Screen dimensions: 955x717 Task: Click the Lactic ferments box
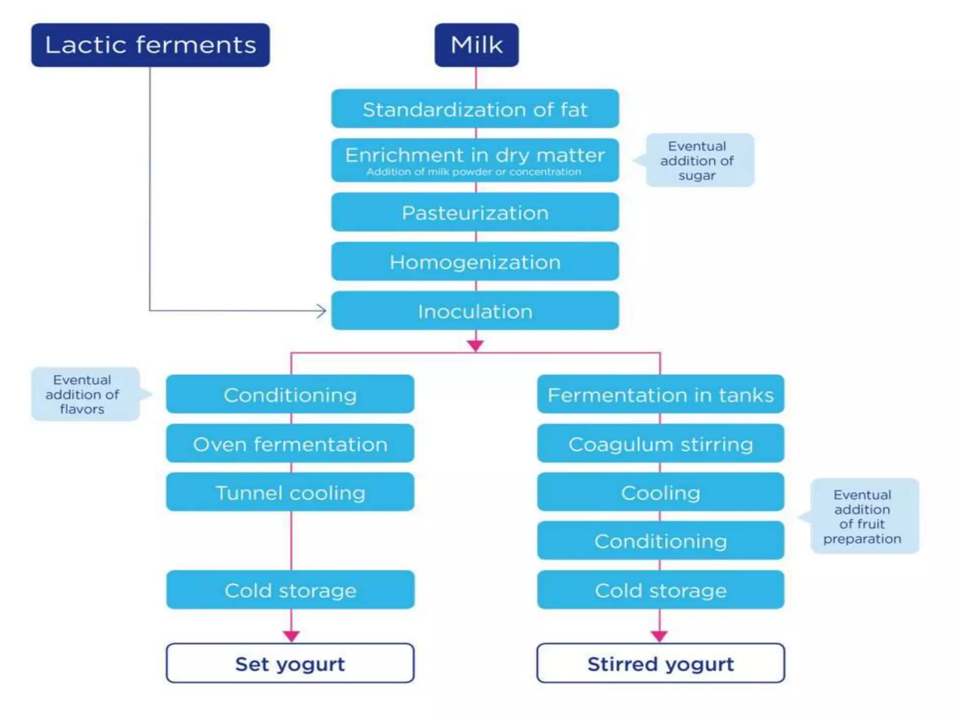pyautogui.click(x=150, y=45)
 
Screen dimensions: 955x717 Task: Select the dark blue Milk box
pyautogui.click(x=477, y=45)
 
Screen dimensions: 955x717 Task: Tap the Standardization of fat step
pyautogui.click(x=475, y=109)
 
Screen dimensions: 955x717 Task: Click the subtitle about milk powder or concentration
pyautogui.click(x=474, y=172)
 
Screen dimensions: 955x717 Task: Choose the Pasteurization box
pyautogui.click(x=475, y=212)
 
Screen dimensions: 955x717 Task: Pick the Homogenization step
pyautogui.click(x=475, y=261)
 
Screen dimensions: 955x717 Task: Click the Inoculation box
pyautogui.click(x=475, y=311)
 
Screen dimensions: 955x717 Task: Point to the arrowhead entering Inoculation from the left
pyautogui.click(x=322, y=311)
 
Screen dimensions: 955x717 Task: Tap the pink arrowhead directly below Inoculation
pyautogui.click(x=475, y=345)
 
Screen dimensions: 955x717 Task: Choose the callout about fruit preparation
pyautogui.click(x=862, y=516)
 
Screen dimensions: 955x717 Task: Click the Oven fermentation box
pyautogui.click(x=290, y=443)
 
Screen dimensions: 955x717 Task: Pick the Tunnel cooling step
pyautogui.click(x=290, y=492)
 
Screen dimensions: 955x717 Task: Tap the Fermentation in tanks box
pyautogui.click(x=661, y=394)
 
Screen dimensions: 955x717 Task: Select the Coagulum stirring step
pyautogui.click(x=661, y=443)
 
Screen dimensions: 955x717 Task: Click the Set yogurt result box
pyautogui.click(x=290, y=663)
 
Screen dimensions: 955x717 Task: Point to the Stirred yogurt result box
pyautogui.click(x=661, y=663)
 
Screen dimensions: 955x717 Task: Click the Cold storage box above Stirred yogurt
pyautogui.click(x=661, y=590)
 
